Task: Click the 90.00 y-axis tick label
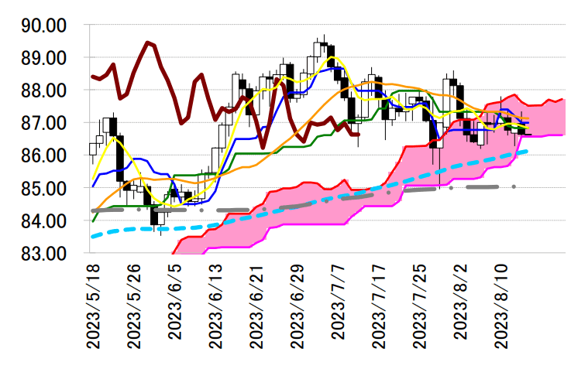43,26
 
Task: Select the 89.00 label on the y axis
43,58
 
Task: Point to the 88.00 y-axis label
43,91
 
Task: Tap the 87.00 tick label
43,123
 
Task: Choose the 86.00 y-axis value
43,155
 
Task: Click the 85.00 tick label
43,188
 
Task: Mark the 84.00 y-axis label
43,220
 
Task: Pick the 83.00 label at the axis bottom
43,253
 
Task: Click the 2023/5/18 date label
94,305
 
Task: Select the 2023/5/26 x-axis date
134,305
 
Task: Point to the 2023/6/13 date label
216,305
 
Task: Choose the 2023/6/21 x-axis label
256,305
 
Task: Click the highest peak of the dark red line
147,43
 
